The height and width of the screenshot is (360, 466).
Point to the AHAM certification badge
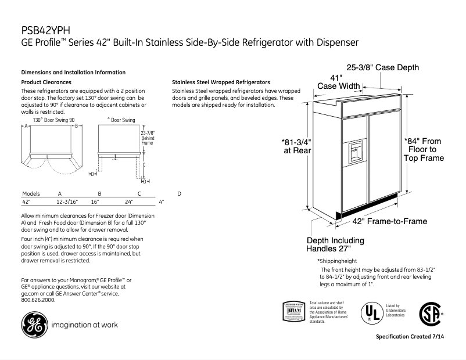(x=294, y=311)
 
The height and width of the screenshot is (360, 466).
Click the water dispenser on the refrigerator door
(x=354, y=152)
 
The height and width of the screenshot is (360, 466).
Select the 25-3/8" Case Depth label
(x=382, y=67)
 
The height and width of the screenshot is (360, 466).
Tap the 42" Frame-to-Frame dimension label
(x=389, y=221)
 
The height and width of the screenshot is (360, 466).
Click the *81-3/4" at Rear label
(x=296, y=146)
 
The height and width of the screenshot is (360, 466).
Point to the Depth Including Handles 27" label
(x=335, y=244)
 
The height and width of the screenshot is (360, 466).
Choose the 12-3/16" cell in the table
(x=67, y=202)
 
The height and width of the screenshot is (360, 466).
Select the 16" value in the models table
(x=95, y=202)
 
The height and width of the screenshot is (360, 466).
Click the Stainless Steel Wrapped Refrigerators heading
(x=221, y=82)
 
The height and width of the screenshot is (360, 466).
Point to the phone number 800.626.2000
(x=38, y=300)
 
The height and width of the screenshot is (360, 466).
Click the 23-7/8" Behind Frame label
(x=148, y=138)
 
